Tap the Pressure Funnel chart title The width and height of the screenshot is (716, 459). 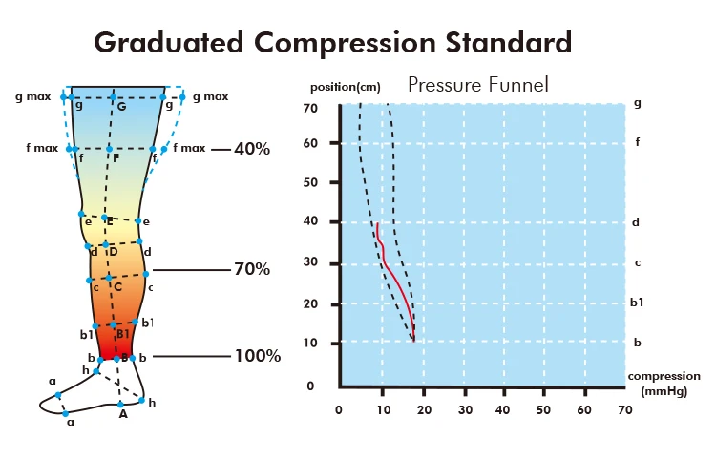point(477,85)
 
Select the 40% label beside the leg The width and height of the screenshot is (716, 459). point(253,149)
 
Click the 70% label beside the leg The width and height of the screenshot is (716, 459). point(252,269)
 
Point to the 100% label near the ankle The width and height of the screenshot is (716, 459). point(258,357)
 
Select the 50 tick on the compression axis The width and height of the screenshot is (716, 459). point(543,410)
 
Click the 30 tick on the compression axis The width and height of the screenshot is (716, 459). point(465,410)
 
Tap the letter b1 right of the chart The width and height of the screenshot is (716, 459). point(638,302)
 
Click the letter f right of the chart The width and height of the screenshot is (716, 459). point(638,142)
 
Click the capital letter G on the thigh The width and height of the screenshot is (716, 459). point(121,105)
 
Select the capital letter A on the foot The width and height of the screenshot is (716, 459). point(122,414)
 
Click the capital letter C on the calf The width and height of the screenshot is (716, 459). point(118,286)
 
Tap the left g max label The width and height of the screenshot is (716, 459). point(33,96)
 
